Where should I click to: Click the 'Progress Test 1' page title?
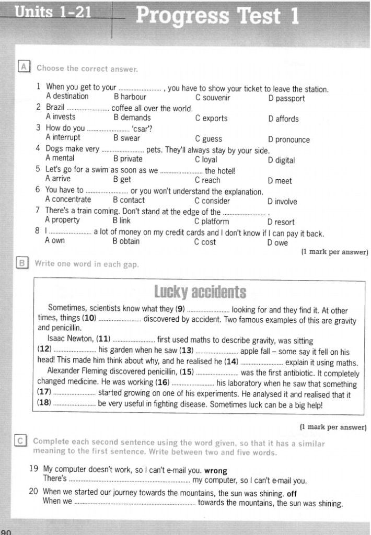[x=217, y=16]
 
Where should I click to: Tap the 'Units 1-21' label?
[x=54, y=12]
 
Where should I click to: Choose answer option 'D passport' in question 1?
[x=286, y=98]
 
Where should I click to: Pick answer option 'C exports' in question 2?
[x=211, y=119]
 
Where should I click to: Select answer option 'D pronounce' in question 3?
[x=288, y=139]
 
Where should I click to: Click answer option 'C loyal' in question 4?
[x=206, y=160]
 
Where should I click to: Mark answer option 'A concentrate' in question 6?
[x=68, y=200]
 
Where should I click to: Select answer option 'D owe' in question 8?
[x=276, y=242]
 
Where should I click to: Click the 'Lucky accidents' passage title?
[x=200, y=292]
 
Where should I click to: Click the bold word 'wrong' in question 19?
[x=216, y=470]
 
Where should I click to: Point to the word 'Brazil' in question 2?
[x=55, y=108]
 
